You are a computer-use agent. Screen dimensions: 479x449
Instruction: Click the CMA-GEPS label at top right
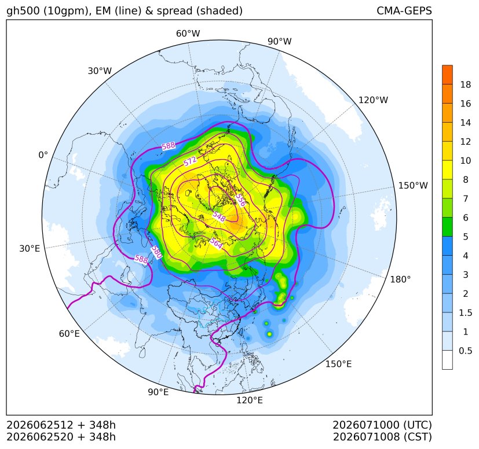pos(404,10)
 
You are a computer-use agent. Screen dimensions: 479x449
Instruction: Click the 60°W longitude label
pos(188,34)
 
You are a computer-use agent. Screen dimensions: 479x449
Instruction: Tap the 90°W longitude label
pos(280,41)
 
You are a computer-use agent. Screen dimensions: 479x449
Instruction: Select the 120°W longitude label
pos(373,100)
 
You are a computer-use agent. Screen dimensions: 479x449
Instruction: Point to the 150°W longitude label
pos(413,185)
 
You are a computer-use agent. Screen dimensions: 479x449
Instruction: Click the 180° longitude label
pos(400,279)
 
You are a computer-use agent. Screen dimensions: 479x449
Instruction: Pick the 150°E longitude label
pos(338,364)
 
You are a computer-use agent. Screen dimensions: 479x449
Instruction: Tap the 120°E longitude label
pos(249,400)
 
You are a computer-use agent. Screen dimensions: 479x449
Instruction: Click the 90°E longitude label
pos(158,392)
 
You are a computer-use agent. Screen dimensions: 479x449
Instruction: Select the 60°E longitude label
pos(70,333)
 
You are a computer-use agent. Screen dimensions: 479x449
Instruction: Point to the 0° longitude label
pos(43,155)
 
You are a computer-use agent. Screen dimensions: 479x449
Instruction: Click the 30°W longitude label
pos(100,71)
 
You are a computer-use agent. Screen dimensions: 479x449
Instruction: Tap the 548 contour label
pos(219,216)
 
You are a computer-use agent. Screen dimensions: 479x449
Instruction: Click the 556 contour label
pos(241,200)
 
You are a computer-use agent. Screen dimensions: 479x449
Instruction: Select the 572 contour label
pos(190,161)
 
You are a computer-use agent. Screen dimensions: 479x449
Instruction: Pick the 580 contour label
pos(156,252)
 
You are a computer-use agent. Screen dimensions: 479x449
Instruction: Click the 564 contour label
pos(216,243)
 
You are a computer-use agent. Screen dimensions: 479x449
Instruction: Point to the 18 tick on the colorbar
pos(466,84)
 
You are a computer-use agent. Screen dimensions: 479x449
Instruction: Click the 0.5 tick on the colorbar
pos(465,351)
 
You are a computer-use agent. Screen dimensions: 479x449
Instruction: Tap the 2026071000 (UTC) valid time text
pos(382,425)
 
